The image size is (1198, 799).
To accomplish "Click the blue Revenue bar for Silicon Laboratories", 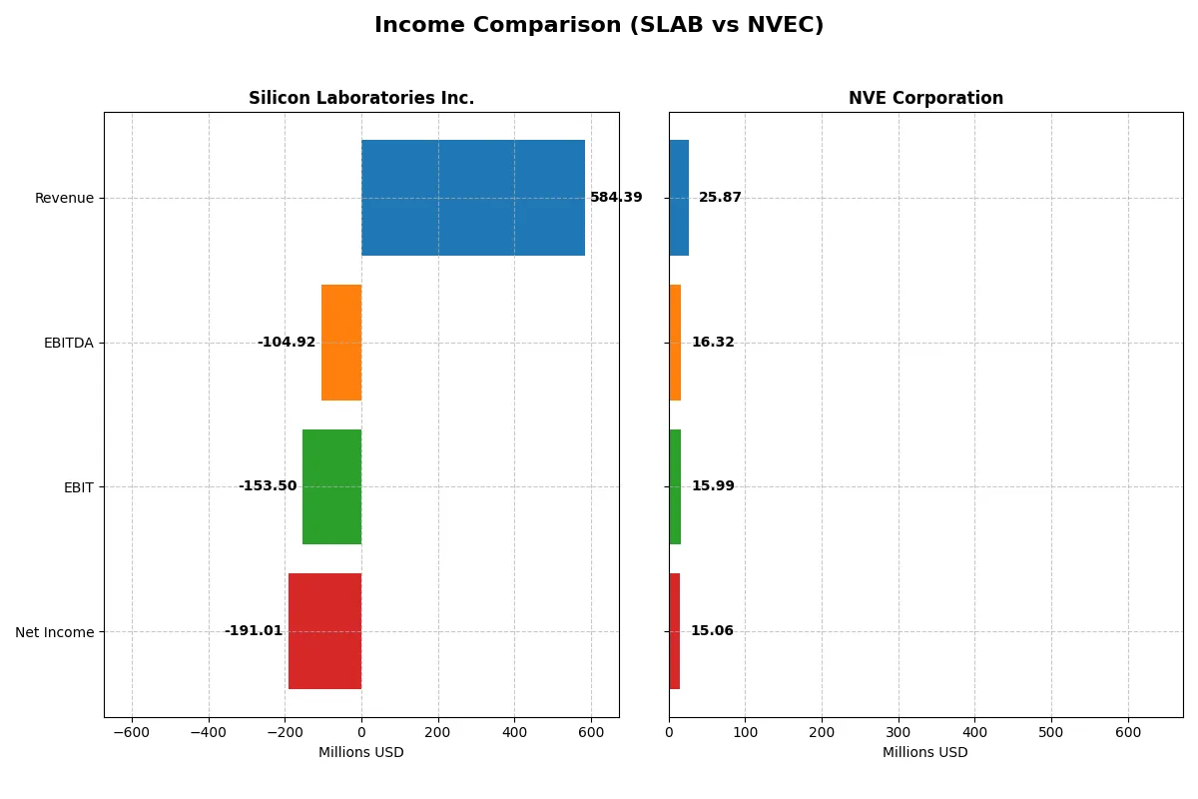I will pyautogui.click(x=472, y=198).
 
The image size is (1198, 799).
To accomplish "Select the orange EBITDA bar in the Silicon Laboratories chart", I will pyautogui.click(x=341, y=343).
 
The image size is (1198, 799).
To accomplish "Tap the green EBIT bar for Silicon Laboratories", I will pyautogui.click(x=331, y=486).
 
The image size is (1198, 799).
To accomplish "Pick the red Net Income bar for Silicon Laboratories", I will pyautogui.click(x=324, y=631).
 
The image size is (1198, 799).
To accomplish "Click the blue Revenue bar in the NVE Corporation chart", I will pyautogui.click(x=679, y=198).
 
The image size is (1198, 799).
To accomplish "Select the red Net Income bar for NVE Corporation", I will pyautogui.click(x=675, y=631).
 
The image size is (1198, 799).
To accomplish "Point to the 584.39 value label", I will pyautogui.click(x=616, y=198).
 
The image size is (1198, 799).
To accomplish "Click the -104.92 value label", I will pyautogui.click(x=287, y=343).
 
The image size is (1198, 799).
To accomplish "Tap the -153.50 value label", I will pyautogui.click(x=268, y=486).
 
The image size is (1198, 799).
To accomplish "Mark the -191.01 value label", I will pyautogui.click(x=254, y=631).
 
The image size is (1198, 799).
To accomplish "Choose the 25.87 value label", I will pyautogui.click(x=720, y=198).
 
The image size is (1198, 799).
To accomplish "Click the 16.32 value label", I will pyautogui.click(x=713, y=343).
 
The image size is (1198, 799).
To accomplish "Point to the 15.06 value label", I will pyautogui.click(x=712, y=631).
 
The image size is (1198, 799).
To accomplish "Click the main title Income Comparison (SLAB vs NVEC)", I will pyautogui.click(x=599, y=26).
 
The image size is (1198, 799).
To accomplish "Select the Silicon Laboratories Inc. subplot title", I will pyautogui.click(x=361, y=99).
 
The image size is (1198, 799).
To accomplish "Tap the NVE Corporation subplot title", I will pyautogui.click(x=925, y=99).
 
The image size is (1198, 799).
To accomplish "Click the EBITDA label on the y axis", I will pyautogui.click(x=69, y=343).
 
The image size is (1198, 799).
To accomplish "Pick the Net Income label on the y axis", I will pyautogui.click(x=55, y=631).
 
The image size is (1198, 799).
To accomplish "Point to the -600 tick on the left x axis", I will pyautogui.click(x=132, y=732).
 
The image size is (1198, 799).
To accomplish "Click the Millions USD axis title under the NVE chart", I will pyautogui.click(x=925, y=753).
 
